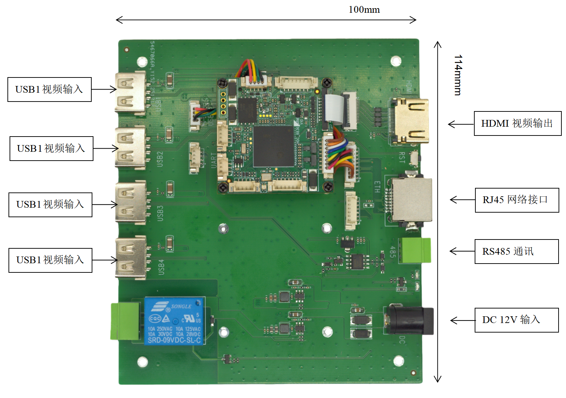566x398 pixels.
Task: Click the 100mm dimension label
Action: click(364, 10)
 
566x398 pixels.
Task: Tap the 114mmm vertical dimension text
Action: click(458, 75)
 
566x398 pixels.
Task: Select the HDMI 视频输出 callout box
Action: click(517, 123)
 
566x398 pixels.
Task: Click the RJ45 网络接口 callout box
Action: click(516, 200)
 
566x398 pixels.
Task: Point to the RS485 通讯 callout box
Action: click(516, 252)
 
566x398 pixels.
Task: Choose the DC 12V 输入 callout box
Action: click(516, 320)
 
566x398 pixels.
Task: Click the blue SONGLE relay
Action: click(174, 321)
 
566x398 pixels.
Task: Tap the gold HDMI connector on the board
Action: click(410, 121)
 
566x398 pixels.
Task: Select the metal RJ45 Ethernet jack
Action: click(411, 200)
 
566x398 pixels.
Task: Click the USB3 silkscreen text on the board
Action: click(160, 213)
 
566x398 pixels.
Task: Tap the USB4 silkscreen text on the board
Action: click(161, 267)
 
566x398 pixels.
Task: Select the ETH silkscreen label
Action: click(377, 187)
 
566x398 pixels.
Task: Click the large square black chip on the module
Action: click(273, 146)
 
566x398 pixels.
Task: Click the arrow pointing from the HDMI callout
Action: click(461, 124)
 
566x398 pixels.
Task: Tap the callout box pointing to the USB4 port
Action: click(50, 260)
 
